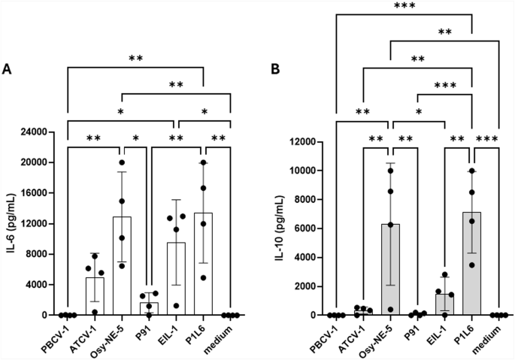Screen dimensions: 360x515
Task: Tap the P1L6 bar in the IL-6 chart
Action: (x=204, y=264)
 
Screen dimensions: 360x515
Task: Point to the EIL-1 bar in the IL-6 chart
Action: (x=177, y=279)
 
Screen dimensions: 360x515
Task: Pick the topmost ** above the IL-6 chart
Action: (x=136, y=57)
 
